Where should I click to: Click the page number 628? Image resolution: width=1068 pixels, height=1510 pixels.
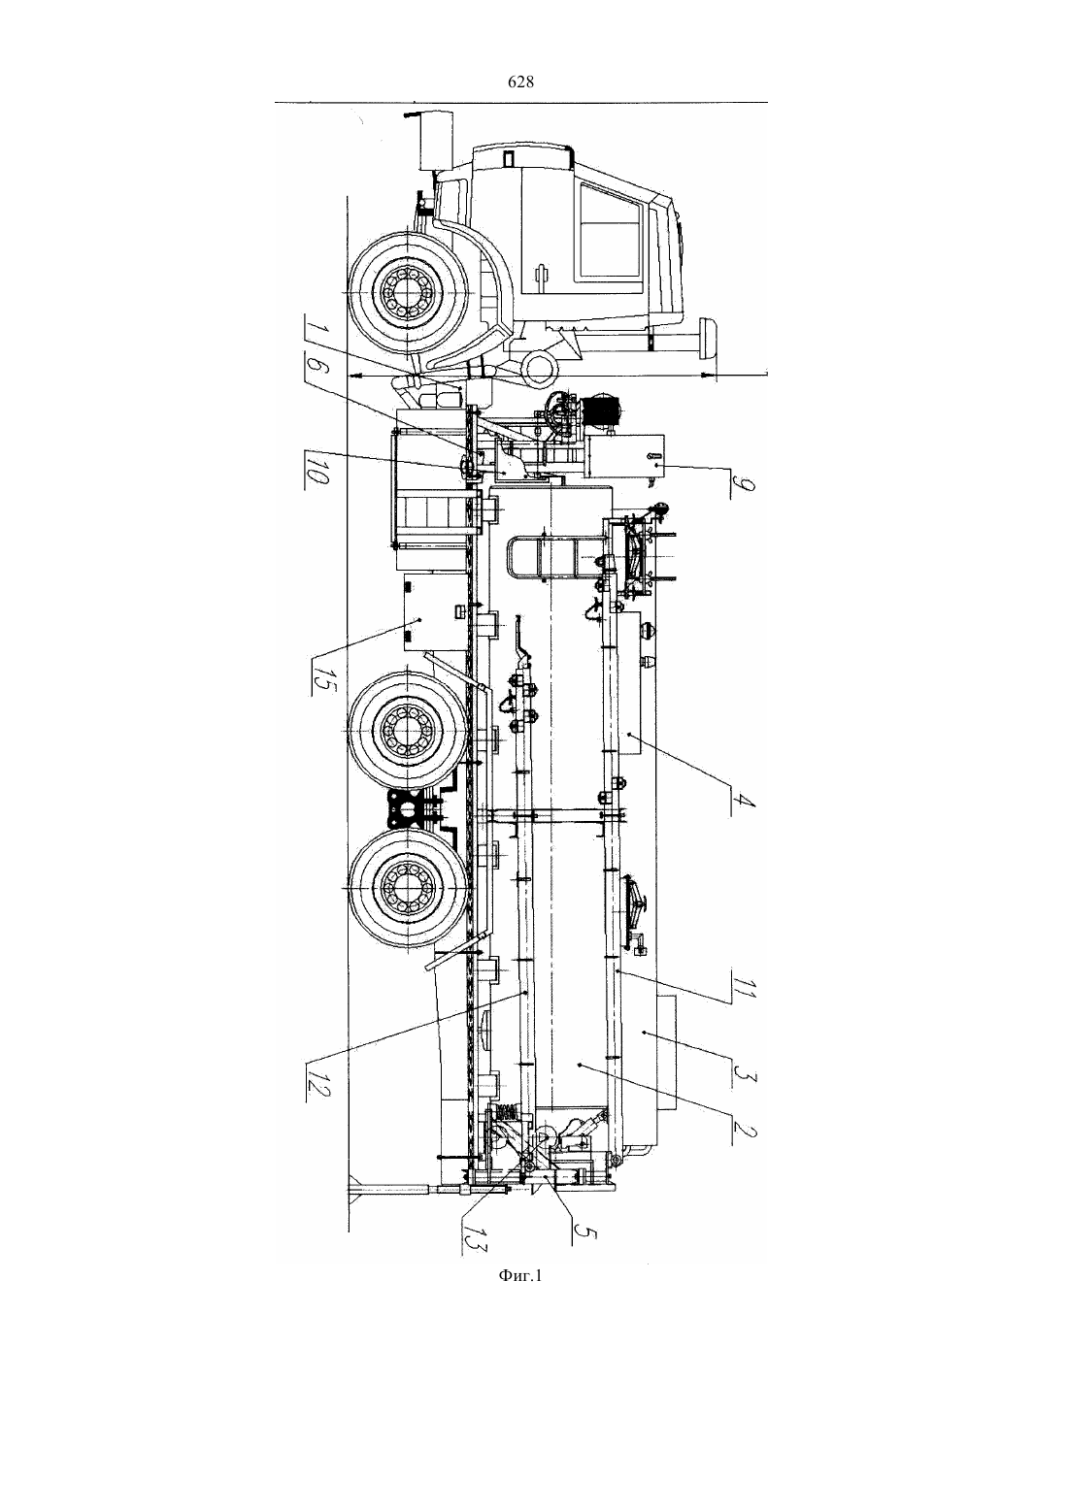pos(520,82)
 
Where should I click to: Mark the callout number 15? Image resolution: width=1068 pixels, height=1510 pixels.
pos(318,682)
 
